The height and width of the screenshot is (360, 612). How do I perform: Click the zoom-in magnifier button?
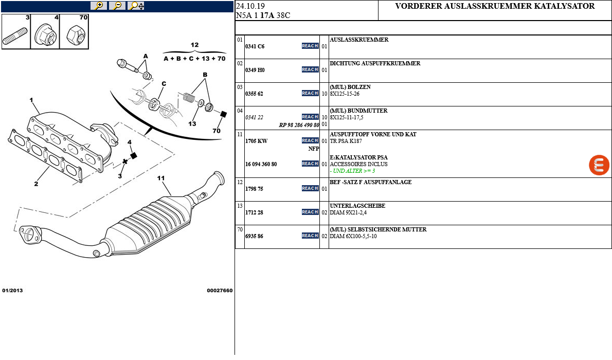tap(98, 6)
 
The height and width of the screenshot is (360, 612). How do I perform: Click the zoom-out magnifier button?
tap(117, 6)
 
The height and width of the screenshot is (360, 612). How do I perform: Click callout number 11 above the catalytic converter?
tap(161, 178)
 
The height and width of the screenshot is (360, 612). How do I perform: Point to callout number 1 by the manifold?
tap(31, 100)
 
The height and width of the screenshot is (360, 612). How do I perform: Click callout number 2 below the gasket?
tap(36, 184)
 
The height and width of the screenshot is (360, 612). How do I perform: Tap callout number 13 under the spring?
tap(192, 123)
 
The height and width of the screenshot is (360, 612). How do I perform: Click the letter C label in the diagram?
tap(164, 83)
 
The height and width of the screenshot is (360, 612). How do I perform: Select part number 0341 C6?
tap(255, 46)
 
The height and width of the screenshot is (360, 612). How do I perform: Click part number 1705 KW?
tap(257, 140)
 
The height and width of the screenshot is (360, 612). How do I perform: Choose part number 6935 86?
tap(255, 236)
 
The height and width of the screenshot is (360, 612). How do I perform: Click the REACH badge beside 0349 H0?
tap(310, 69)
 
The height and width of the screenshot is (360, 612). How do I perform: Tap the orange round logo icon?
tap(599, 165)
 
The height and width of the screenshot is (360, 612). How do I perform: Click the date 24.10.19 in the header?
tap(250, 6)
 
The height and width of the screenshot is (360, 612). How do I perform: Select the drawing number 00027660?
tap(220, 291)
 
